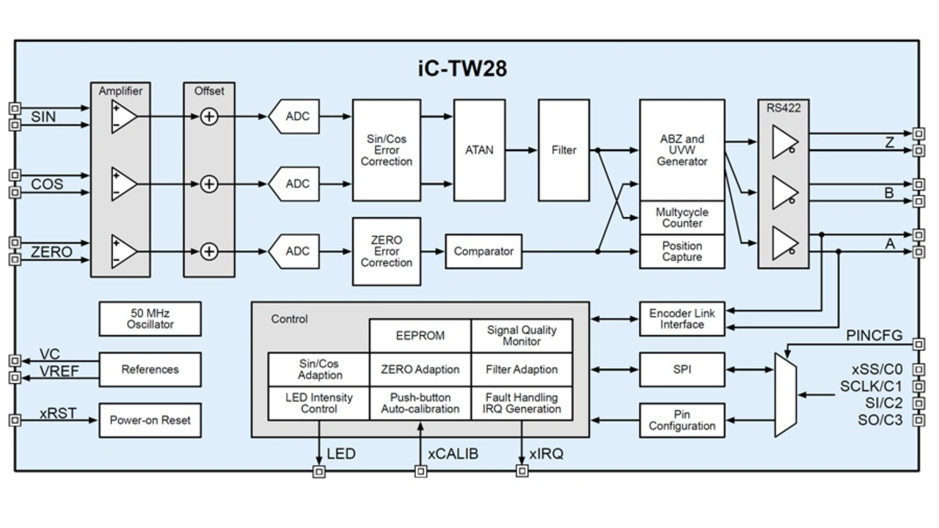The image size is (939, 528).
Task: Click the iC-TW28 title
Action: [462, 69]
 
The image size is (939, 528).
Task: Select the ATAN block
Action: [479, 150]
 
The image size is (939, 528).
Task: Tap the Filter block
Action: [563, 150]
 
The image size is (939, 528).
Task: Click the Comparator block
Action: [483, 252]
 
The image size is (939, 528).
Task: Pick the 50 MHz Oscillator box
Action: [150, 318]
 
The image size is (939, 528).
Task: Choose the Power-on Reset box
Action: [150, 420]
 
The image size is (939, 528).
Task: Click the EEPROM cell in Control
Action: [420, 336]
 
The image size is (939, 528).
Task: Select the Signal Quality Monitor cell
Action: [522, 336]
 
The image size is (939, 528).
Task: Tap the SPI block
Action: [682, 370]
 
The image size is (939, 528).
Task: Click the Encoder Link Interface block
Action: [682, 319]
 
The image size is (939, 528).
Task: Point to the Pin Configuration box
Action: [682, 420]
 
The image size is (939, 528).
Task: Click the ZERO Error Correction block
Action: [387, 252]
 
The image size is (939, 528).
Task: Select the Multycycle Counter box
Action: [682, 218]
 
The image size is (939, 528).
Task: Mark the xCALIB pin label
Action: [453, 454]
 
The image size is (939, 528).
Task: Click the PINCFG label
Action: [874, 336]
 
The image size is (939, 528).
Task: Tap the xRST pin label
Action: [58, 414]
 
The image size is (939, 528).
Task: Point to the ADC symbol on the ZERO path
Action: [295, 252]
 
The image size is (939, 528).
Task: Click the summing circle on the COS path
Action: [209, 184]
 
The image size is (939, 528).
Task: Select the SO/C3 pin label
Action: [880, 420]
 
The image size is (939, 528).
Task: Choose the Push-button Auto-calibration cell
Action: [420, 403]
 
